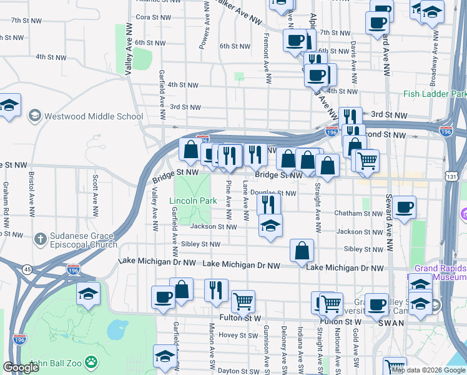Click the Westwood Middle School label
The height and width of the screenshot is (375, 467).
[94, 116]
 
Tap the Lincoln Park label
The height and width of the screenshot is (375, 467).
[193, 201]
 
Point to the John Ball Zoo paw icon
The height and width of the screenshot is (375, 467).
[92, 362]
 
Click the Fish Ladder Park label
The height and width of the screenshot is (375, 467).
[435, 94]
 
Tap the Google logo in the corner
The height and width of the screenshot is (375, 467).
[21, 367]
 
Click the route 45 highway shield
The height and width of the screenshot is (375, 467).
[27, 269]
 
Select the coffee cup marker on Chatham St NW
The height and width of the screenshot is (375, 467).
[404, 207]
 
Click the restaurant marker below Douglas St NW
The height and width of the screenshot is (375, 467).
[268, 203]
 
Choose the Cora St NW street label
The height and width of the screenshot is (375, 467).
[150, 17]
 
